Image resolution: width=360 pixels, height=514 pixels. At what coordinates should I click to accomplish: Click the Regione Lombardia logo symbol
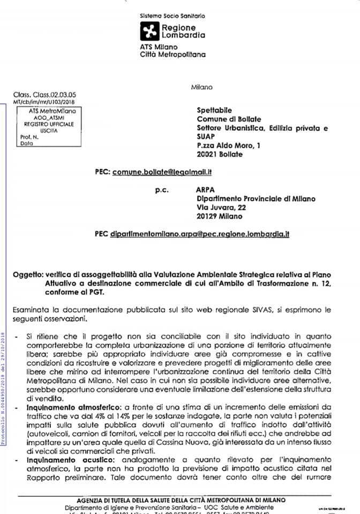(x=149, y=32)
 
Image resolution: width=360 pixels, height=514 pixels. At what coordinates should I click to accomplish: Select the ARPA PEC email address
(x=199, y=234)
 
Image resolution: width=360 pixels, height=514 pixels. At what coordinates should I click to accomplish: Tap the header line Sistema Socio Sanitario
(x=171, y=17)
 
